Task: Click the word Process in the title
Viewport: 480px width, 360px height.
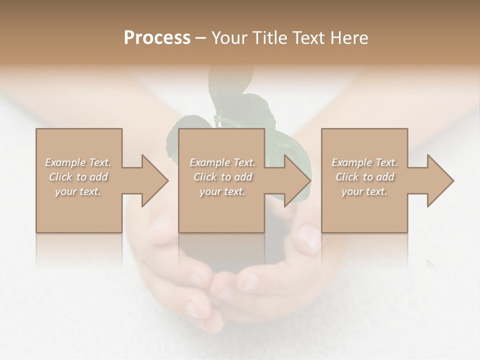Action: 157,38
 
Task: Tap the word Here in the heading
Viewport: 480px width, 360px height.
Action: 349,38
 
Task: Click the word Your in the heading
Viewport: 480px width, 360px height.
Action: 228,38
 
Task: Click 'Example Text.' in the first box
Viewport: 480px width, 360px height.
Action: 78,162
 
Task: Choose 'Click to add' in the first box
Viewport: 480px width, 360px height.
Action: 78,177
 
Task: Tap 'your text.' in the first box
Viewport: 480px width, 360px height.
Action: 78,191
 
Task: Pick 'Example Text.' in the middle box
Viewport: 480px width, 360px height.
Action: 222,162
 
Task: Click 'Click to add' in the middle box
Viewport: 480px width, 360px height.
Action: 222,177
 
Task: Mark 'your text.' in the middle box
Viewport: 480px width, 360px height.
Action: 222,191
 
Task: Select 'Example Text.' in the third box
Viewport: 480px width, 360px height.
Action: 364,162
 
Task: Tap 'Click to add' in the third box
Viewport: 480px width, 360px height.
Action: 364,177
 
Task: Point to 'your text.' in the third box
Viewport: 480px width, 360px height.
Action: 364,191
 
